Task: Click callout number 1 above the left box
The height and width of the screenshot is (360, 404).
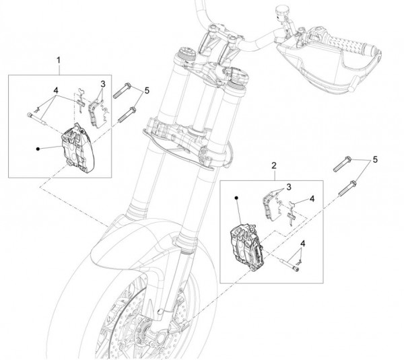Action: [59, 61]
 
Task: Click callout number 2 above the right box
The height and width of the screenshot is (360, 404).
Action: [275, 164]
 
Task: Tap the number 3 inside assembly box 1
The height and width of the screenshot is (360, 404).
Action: [102, 84]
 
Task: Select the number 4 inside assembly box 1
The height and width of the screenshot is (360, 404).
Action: [56, 89]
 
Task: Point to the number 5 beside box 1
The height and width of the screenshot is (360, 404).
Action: [147, 89]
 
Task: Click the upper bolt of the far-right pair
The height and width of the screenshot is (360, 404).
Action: [343, 164]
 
